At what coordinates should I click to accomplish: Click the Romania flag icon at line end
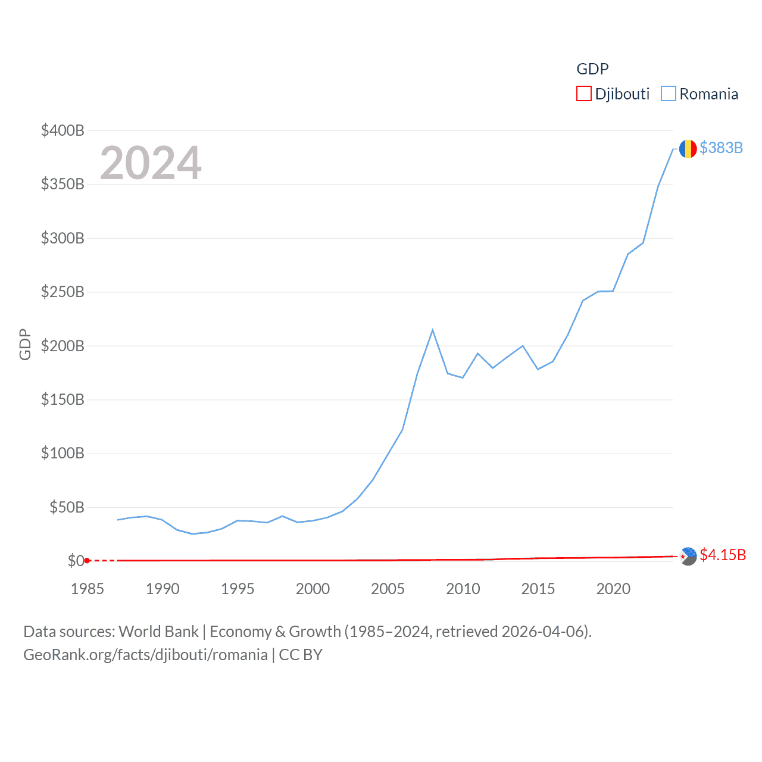pos(688,149)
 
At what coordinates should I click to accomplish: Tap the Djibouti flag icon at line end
pos(688,557)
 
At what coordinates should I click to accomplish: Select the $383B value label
pos(721,148)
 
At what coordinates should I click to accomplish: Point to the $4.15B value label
pos(723,555)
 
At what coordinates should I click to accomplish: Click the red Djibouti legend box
pos(583,94)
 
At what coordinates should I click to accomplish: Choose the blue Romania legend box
pos(669,94)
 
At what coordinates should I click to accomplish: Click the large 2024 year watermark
pos(151,163)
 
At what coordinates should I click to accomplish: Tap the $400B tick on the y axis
pos(63,130)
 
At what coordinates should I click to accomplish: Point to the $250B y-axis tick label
pos(63,292)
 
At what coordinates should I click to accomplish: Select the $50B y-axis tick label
pos(67,507)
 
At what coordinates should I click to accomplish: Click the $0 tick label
pos(76,561)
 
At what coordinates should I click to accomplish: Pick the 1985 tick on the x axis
pos(87,589)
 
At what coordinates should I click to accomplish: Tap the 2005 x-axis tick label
pos(388,589)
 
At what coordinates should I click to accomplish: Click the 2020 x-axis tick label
pos(613,589)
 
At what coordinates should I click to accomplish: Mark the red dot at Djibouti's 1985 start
pos(87,560)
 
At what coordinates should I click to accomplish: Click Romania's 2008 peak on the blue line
pos(433,330)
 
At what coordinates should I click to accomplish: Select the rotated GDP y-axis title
pos(25,344)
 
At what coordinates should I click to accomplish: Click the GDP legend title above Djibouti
pos(592,69)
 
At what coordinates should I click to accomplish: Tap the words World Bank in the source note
pos(158,631)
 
